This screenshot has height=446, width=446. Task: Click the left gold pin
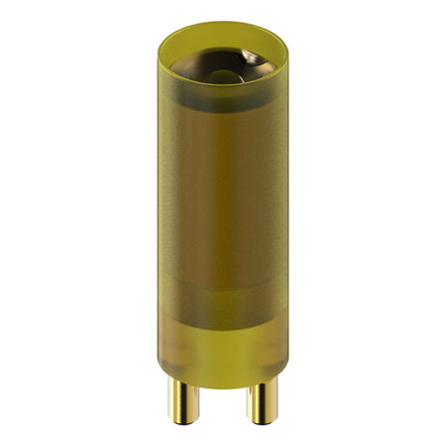tap(183, 396)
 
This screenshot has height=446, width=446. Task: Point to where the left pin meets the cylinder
tap(183, 382)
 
